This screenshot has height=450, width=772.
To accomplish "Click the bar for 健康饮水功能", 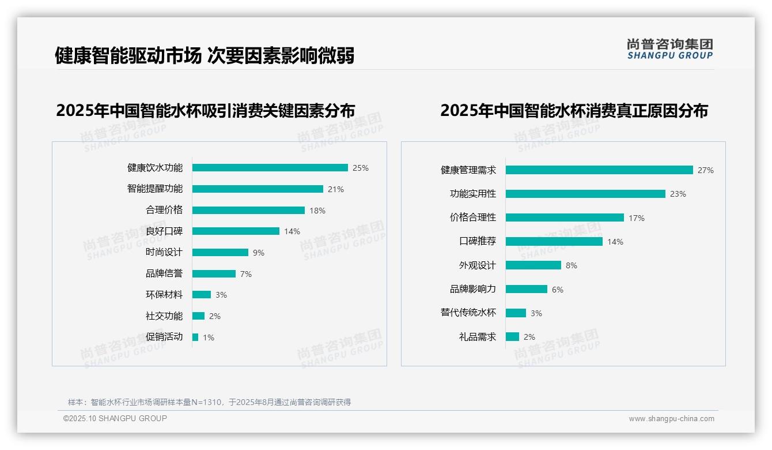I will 270,168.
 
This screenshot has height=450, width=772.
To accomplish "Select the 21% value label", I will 336,189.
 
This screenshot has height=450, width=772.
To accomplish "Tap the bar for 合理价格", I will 248,210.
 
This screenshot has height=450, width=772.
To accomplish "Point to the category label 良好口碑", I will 164,231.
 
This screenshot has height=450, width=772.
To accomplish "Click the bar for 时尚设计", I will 220,253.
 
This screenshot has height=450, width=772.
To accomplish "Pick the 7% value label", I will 246,274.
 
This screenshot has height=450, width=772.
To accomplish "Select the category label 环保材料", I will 164,295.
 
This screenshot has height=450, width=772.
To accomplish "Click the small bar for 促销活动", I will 195,337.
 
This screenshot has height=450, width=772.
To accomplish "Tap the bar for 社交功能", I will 198,316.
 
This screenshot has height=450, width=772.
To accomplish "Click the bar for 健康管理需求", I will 599,170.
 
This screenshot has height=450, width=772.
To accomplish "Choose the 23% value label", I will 678,194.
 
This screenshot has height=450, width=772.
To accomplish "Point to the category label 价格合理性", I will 473,217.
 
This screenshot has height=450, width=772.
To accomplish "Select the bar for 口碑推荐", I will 554,242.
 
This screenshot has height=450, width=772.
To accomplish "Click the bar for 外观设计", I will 533,265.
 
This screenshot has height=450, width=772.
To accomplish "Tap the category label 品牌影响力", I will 473,289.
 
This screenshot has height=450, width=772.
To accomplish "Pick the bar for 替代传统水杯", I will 516,313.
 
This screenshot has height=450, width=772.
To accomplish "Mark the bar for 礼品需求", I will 512,337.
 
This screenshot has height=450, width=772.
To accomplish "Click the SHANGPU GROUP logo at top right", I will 670,49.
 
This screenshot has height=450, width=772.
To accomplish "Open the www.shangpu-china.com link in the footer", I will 671,419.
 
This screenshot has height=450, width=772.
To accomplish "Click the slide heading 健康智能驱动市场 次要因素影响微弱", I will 205,55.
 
